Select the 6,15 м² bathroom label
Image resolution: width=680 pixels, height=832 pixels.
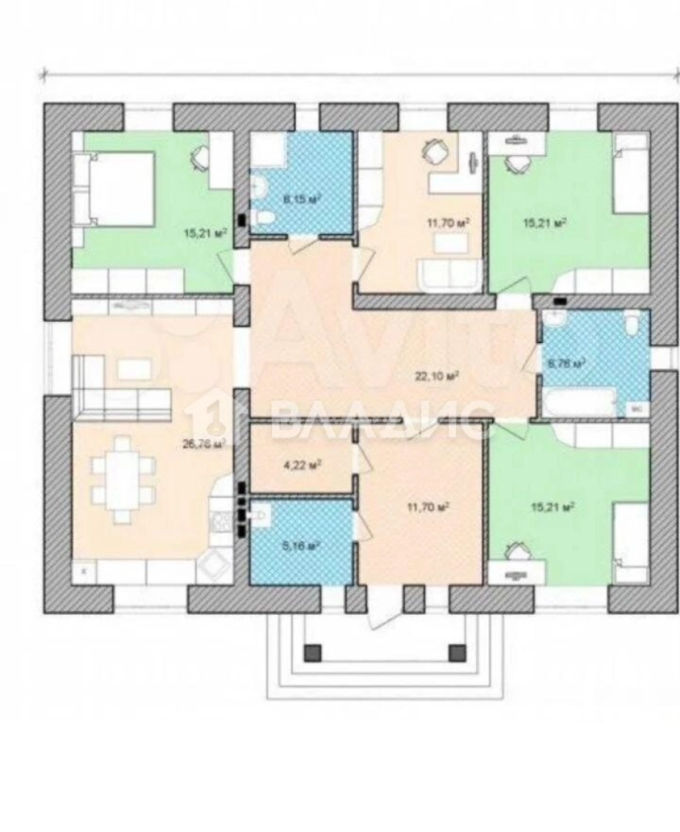pos(300,199)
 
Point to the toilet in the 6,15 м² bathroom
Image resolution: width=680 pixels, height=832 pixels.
pos(264,218)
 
